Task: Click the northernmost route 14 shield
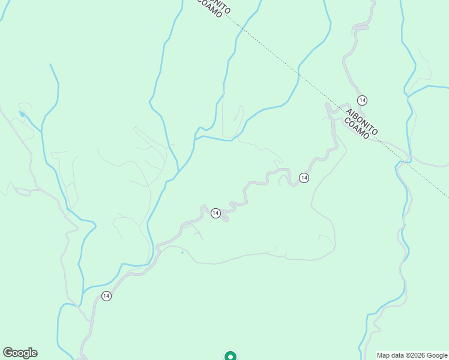(362, 100)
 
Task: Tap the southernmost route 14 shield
(106, 296)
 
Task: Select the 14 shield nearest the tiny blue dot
(215, 213)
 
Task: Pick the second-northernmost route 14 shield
(304, 178)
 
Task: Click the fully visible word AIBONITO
(361, 118)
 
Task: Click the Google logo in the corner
(20, 353)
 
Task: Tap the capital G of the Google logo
(7, 353)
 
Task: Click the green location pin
(230, 356)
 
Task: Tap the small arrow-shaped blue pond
(22, 113)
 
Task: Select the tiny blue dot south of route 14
(182, 253)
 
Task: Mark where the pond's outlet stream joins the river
(41, 131)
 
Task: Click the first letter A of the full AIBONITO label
(348, 106)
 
